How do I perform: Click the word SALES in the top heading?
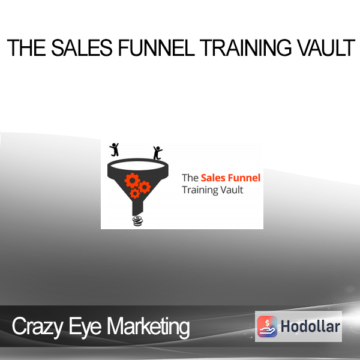click(x=82, y=48)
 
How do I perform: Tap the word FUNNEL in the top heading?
click(x=157, y=48)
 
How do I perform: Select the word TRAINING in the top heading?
click(x=245, y=48)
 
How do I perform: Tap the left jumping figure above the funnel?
click(x=114, y=149)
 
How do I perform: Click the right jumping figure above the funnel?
click(x=157, y=152)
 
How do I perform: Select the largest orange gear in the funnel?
click(x=132, y=181)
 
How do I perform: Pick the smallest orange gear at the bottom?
click(x=135, y=193)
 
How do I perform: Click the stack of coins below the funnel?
click(x=137, y=221)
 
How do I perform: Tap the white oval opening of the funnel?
click(x=138, y=166)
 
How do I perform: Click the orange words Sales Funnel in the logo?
click(x=230, y=178)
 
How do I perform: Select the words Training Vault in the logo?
click(x=212, y=190)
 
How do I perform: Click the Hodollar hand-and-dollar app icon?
click(x=267, y=326)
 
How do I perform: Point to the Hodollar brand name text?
click(x=310, y=326)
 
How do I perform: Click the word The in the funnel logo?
click(x=190, y=178)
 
